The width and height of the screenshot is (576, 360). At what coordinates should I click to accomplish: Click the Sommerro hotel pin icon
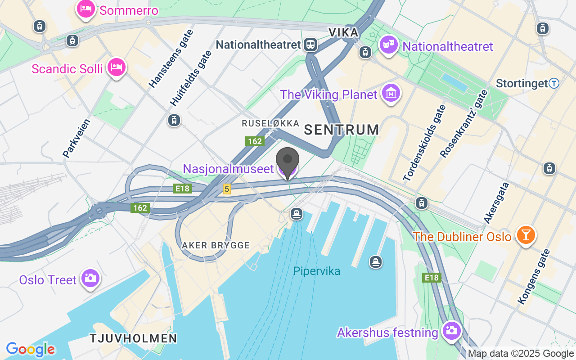pyautogui.click(x=85, y=9)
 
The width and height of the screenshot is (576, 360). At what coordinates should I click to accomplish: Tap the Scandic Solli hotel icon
pyautogui.click(x=117, y=67)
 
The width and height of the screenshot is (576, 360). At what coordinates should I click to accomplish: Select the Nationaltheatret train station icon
pyautogui.click(x=310, y=45)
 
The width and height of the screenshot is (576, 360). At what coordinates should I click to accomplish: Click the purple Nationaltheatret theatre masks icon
pyautogui.click(x=387, y=45)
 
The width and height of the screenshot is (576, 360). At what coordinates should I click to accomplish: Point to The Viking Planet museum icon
pyautogui.click(x=391, y=93)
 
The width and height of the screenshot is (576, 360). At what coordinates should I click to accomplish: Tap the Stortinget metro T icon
pyautogui.click(x=554, y=83)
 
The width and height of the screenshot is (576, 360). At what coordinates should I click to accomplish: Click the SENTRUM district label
pyautogui.click(x=342, y=130)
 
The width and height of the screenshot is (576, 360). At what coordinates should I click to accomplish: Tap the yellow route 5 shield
pyautogui.click(x=227, y=189)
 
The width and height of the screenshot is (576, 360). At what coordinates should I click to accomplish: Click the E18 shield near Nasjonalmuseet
pyautogui.click(x=182, y=189)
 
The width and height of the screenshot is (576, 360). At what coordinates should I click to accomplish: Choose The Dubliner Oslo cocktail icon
pyautogui.click(x=525, y=235)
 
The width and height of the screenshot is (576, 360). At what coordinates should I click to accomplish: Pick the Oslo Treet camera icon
pyautogui.click(x=90, y=279)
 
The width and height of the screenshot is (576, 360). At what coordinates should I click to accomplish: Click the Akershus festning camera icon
pyautogui.click(x=451, y=331)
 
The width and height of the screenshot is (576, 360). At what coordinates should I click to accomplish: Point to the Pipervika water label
pyautogui.click(x=316, y=271)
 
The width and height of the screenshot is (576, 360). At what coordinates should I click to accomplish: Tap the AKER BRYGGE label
pyautogui.click(x=216, y=246)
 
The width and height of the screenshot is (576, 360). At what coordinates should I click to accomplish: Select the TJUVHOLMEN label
pyautogui.click(x=133, y=338)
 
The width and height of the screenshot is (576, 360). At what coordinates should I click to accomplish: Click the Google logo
pyautogui.click(x=30, y=349)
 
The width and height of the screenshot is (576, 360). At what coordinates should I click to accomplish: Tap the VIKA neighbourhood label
pyautogui.click(x=343, y=32)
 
